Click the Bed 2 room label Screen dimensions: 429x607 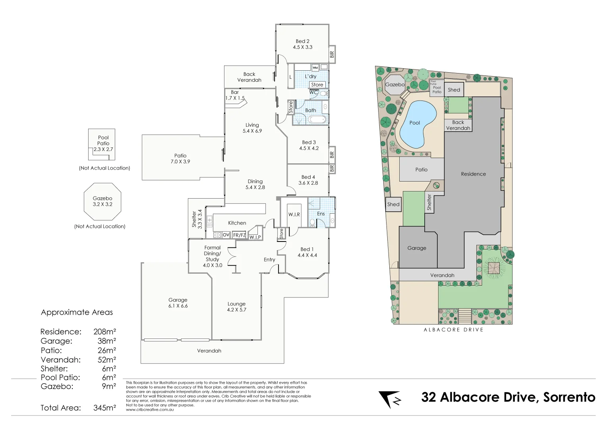pos(302,41)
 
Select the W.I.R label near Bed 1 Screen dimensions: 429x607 pos(294,214)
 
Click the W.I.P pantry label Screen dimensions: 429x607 pos(255,237)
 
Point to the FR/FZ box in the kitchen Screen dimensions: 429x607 pos(239,235)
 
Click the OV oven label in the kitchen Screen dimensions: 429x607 pos(226,235)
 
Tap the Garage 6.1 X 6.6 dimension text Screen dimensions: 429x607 pos(178,306)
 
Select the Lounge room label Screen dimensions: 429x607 pos(236,304)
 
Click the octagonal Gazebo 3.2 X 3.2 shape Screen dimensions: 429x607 pos(102,201)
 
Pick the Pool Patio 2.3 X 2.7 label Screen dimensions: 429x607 pos(103,143)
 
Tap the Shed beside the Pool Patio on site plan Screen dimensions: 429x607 pos(454,90)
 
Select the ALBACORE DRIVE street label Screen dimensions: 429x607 pos(453,330)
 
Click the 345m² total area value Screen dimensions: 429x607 pos(104,408)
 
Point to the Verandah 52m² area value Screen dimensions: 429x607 pos(107,360)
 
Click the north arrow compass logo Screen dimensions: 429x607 pos(390,399)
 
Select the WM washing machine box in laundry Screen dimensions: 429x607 pos(315,68)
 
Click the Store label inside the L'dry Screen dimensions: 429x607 pos(317,85)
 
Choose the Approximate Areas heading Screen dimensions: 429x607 pos(77,313)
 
